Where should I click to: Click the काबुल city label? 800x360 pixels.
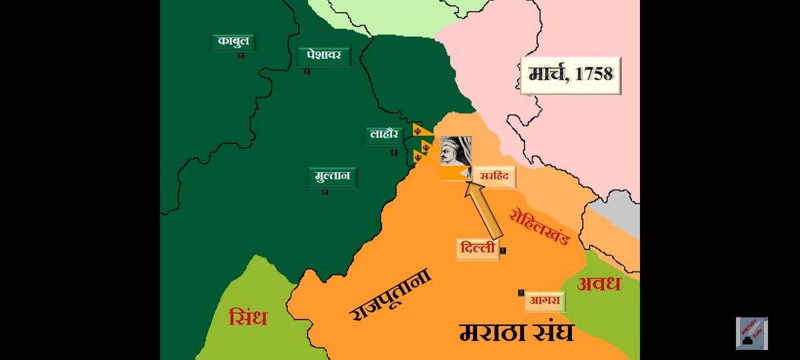click(x=233, y=42)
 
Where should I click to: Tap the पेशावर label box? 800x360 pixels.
click(x=324, y=55)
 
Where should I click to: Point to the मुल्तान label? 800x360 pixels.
click(x=333, y=177)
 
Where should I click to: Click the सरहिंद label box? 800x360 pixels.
click(x=494, y=177)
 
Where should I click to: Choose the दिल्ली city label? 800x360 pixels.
click(x=478, y=249)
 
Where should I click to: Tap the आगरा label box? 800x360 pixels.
click(x=544, y=301)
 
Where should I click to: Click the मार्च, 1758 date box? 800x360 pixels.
click(x=571, y=74)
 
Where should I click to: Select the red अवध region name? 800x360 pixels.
click(x=599, y=283)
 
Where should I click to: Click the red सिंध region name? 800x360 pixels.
click(x=247, y=317)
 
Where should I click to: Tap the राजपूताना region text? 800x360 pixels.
click(x=390, y=295)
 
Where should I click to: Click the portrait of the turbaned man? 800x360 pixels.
click(x=456, y=151)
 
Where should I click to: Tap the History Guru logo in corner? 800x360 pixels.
click(x=751, y=333)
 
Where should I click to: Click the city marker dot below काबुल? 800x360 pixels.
click(x=241, y=56)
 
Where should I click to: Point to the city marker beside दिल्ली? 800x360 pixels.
click(x=503, y=251)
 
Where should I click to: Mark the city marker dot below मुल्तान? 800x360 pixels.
click(x=325, y=193)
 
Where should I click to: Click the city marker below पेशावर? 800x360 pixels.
click(x=307, y=71)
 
